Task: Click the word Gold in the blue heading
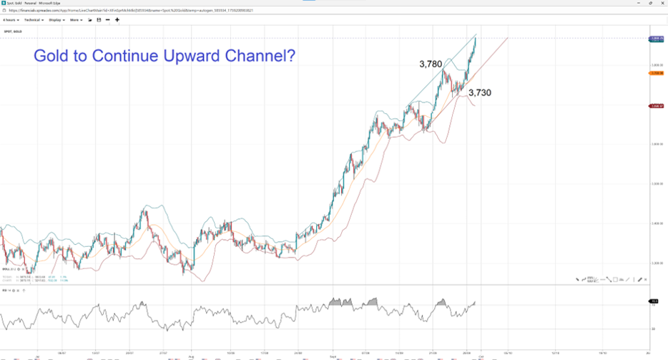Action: (x=55, y=55)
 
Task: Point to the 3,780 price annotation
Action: (x=431, y=64)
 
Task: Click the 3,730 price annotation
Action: (x=479, y=92)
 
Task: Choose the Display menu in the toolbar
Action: (x=56, y=20)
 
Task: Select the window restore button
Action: (x=644, y=3)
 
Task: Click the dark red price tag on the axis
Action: (x=654, y=106)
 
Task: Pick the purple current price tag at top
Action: (x=654, y=38)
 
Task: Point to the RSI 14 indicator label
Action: (x=6, y=291)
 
